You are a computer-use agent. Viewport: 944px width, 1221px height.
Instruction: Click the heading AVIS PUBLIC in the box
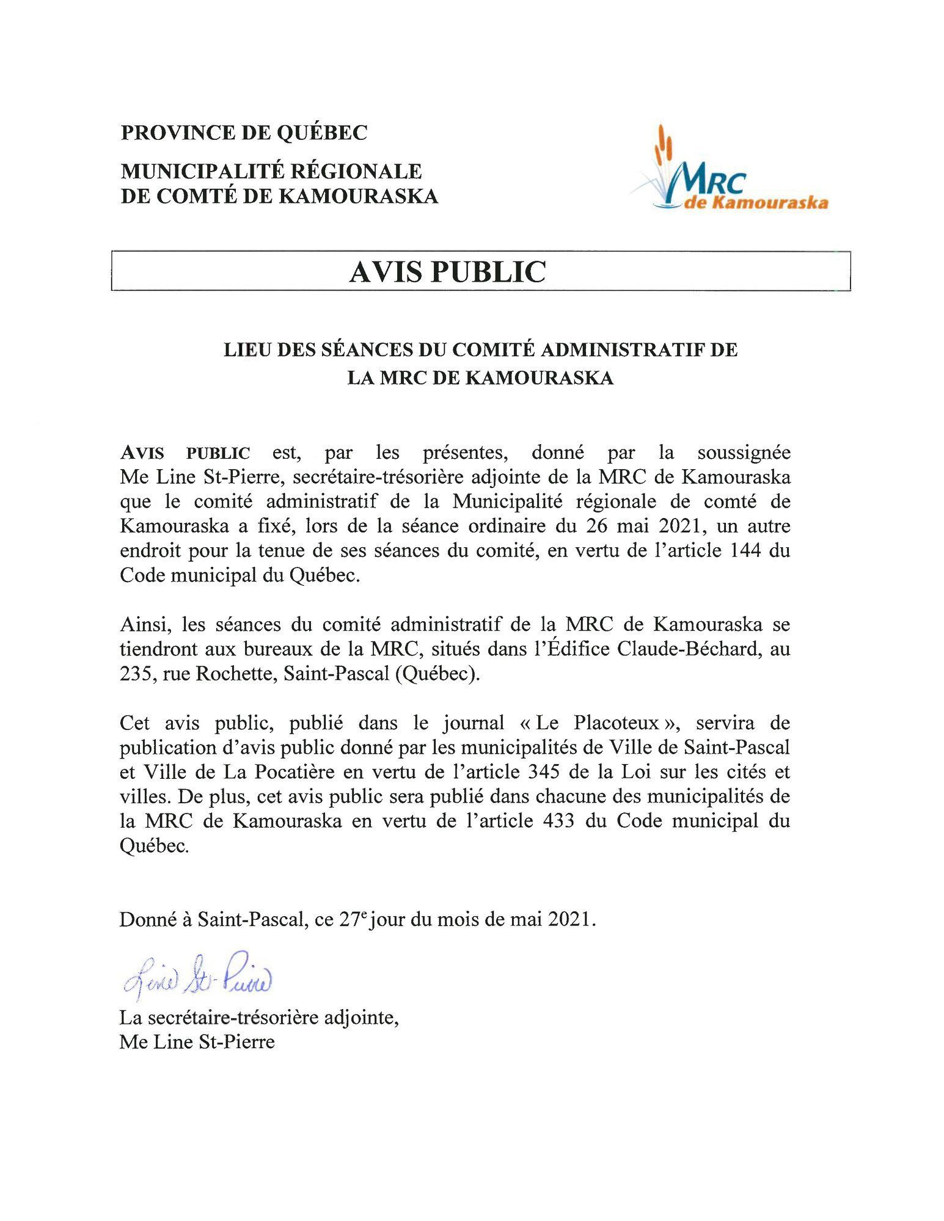point(447,272)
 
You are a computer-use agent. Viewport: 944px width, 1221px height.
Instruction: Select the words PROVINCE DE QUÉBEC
point(244,133)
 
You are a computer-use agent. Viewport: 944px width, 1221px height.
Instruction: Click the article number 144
point(745,550)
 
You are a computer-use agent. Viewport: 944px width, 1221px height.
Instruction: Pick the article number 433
point(558,821)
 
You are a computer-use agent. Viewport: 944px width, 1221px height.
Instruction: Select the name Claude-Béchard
point(689,649)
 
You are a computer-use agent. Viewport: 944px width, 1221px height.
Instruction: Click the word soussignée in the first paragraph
point(744,453)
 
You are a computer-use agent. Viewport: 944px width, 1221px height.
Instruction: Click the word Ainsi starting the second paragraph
point(141,624)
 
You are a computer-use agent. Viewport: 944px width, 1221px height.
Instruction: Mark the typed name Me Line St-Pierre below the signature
point(197,1041)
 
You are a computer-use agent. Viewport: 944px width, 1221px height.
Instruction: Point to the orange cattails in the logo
point(663,147)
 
